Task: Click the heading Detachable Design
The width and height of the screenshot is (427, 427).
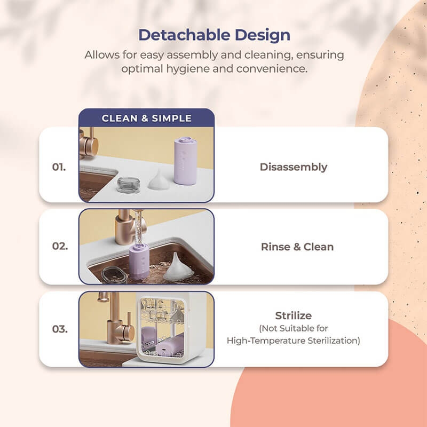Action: (214, 35)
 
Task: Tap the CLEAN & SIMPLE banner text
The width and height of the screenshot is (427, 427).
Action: (146, 118)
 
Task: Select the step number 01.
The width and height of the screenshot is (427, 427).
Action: (60, 167)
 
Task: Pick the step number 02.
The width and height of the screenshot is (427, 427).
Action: (60, 247)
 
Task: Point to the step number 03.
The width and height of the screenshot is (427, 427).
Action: (60, 329)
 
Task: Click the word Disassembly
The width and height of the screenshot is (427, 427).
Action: (294, 167)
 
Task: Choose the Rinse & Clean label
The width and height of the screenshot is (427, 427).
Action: (297, 247)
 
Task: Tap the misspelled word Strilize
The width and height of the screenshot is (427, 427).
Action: (293, 316)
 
